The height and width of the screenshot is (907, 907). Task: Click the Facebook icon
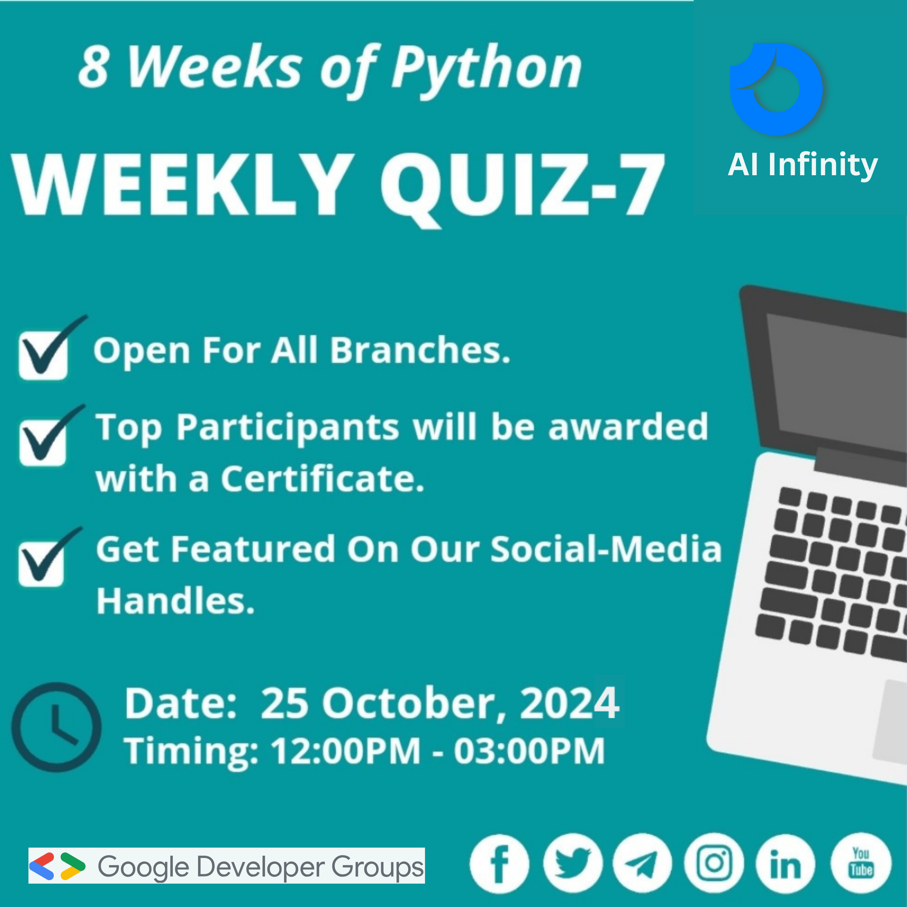pyautogui.click(x=500, y=864)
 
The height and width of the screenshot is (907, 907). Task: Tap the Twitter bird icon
pyautogui.click(x=572, y=864)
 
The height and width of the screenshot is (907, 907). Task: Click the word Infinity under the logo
pyautogui.click(x=823, y=165)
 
